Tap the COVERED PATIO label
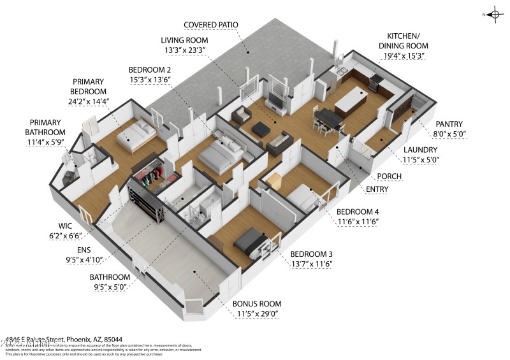coord(210,25)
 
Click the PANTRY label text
coord(449,124)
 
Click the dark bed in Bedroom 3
coord(250,241)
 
